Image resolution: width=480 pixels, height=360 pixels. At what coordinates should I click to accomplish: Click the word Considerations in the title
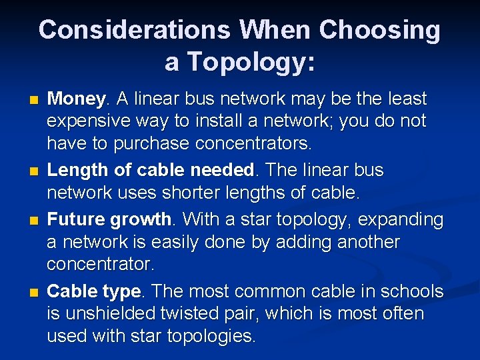pos(133,30)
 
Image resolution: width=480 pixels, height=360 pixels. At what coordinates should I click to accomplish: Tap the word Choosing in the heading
pos(379,30)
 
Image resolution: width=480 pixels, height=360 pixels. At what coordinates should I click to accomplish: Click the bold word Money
pos(75,99)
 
